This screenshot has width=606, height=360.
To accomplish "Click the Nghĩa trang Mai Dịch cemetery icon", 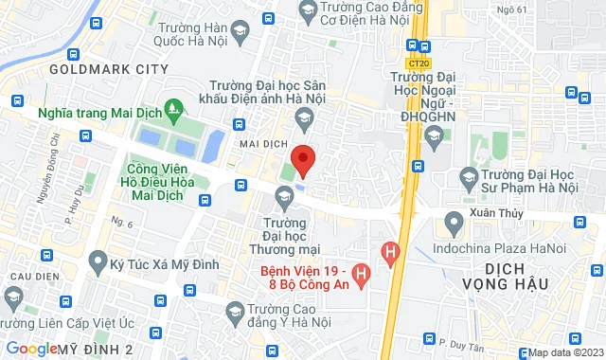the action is [x=171, y=111].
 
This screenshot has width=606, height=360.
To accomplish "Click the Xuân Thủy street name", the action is [x=491, y=216].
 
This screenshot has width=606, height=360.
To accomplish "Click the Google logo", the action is [x=30, y=349].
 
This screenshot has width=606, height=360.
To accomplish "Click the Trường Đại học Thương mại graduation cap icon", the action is [x=283, y=196].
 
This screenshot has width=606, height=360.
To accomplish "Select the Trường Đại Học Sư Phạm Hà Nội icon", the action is [x=468, y=176].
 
